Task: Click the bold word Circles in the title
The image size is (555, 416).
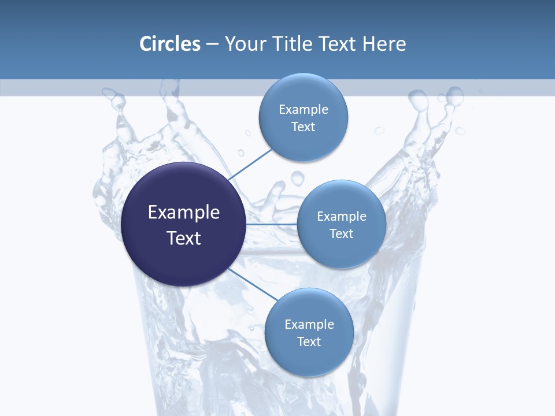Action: (x=170, y=44)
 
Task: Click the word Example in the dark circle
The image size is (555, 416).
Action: (x=184, y=213)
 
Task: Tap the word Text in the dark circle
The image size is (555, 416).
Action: (x=184, y=238)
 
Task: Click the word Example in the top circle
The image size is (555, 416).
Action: (x=304, y=110)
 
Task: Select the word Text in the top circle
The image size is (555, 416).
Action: (x=304, y=127)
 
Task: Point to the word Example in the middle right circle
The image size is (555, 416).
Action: (x=342, y=217)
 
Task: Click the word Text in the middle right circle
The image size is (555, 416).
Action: (x=342, y=234)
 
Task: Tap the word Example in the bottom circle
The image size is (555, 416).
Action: (x=309, y=325)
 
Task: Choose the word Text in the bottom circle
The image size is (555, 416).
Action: (x=309, y=342)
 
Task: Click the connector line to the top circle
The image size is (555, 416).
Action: (x=251, y=164)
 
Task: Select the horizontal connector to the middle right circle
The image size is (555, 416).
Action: (x=272, y=224)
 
